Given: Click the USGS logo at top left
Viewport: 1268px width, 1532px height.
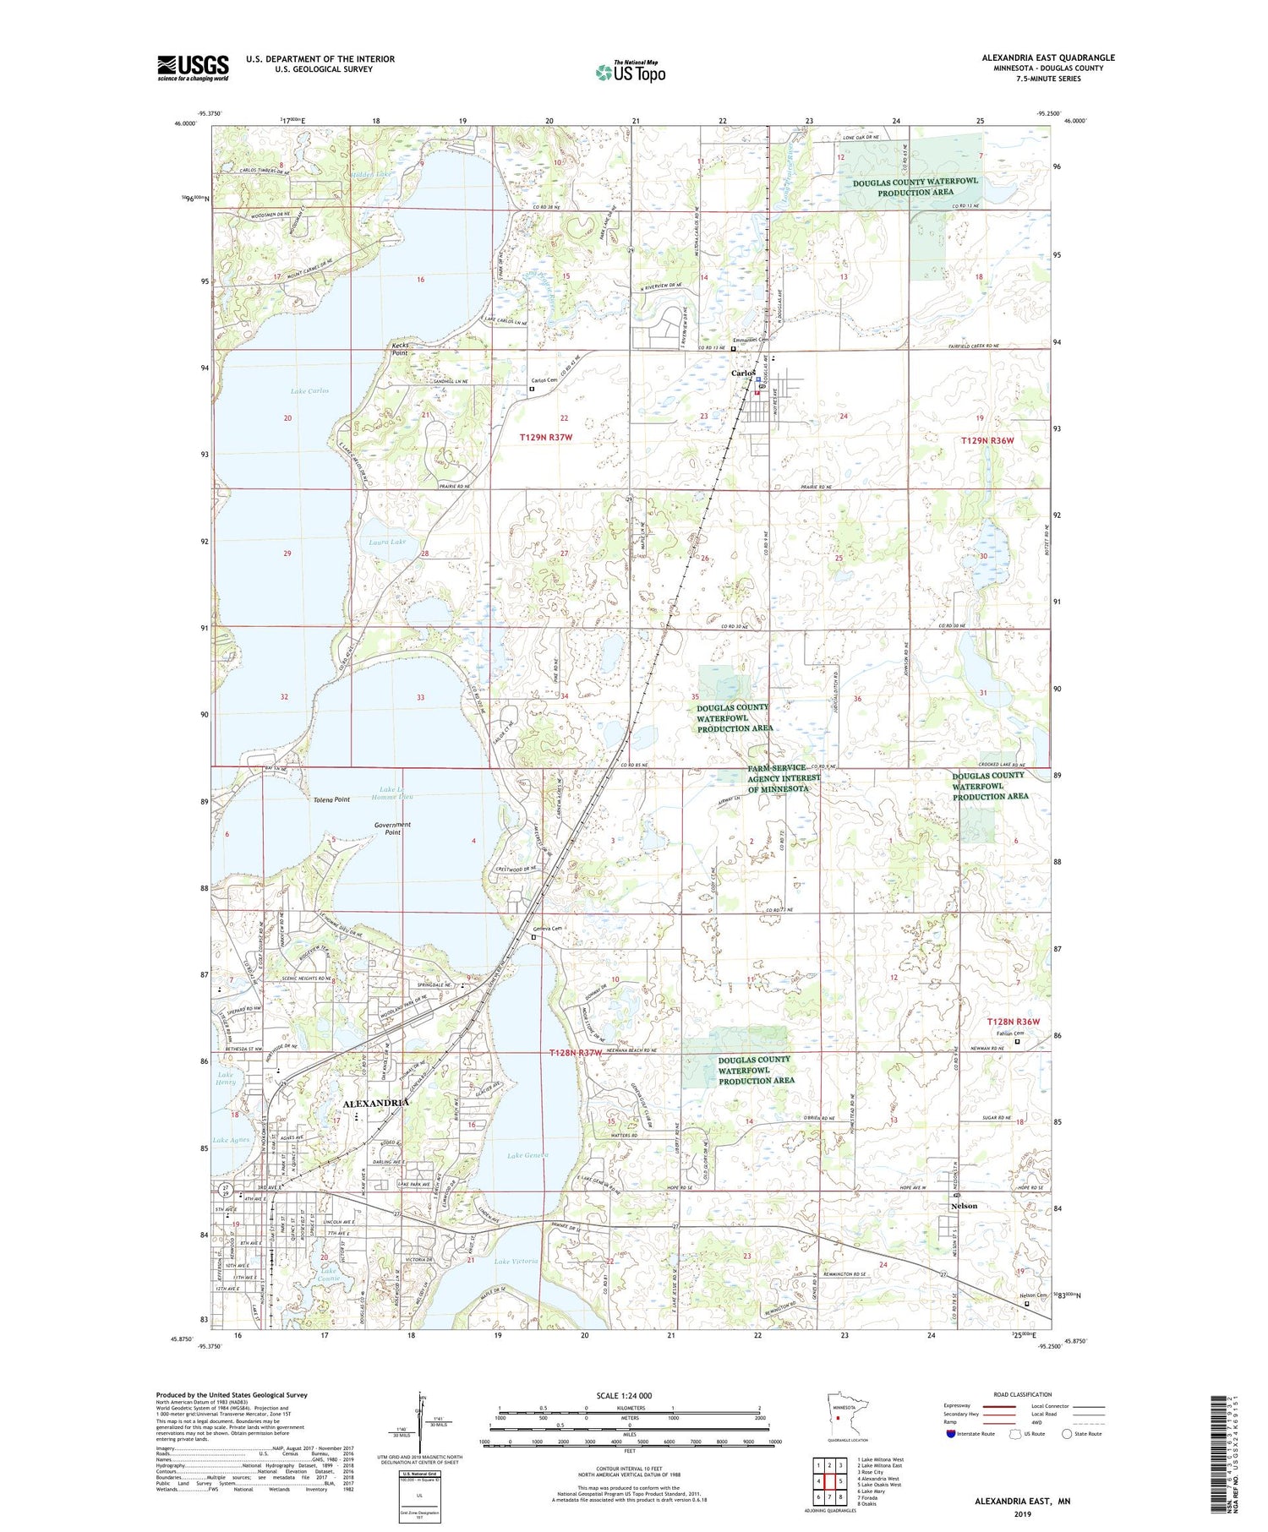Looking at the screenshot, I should click(x=193, y=68).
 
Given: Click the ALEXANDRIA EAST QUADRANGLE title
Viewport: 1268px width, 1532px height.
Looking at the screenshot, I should click(x=1047, y=57).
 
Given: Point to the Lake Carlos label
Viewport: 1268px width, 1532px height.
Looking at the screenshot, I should click(x=309, y=390).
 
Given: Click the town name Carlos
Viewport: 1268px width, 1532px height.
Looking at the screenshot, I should click(x=742, y=373).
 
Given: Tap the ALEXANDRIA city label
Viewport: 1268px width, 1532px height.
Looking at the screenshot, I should click(x=376, y=1103).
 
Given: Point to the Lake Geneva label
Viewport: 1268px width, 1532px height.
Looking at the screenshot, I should click(x=527, y=1155).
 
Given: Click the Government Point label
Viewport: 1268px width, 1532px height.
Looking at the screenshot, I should click(x=392, y=828).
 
